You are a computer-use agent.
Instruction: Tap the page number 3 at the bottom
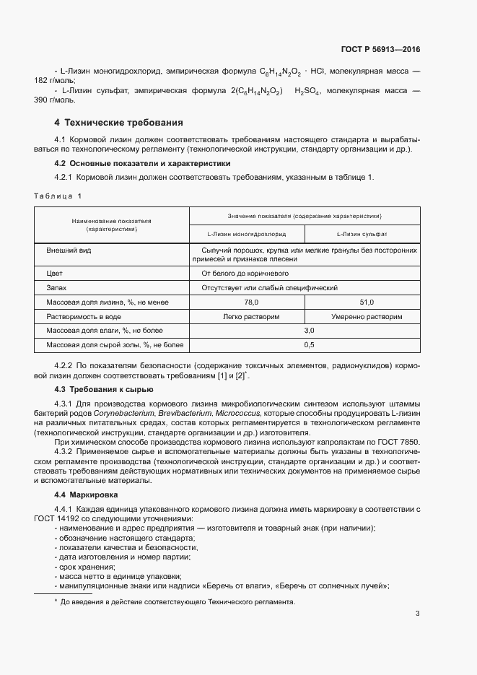[x=417, y=614]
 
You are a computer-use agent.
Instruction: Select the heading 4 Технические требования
[x=118, y=122]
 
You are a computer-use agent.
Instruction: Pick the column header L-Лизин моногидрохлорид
[x=246, y=235]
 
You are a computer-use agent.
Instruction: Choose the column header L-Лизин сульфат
[x=362, y=235]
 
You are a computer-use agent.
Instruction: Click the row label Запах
[x=57, y=287]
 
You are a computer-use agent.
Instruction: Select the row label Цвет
[x=55, y=274]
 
